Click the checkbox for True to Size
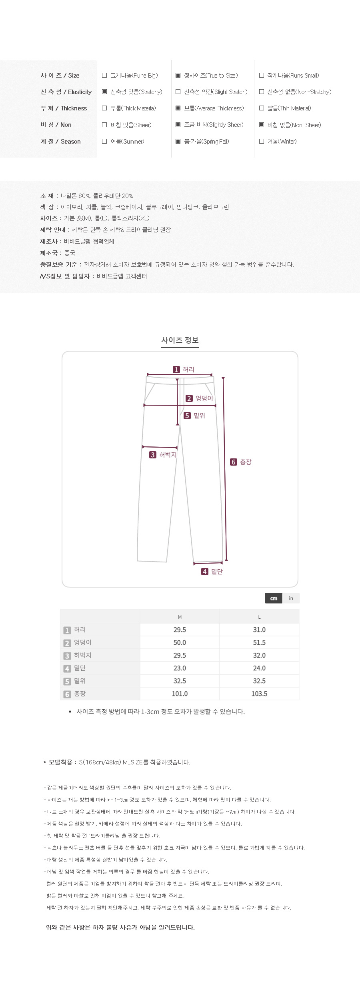pyautogui.click(x=178, y=75)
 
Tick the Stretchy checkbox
pyautogui.click(x=104, y=92)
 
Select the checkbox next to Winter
pyautogui.click(x=262, y=141)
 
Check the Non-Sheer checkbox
pyautogui.click(x=262, y=125)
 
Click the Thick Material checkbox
pyautogui.click(x=104, y=108)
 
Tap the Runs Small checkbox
pyautogui.click(x=262, y=75)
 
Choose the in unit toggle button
pyautogui.click(x=291, y=598)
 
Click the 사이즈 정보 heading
pyautogui.click(x=180, y=340)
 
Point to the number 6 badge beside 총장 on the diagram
pyautogui.click(x=234, y=462)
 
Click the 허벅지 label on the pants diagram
pyautogui.click(x=168, y=455)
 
